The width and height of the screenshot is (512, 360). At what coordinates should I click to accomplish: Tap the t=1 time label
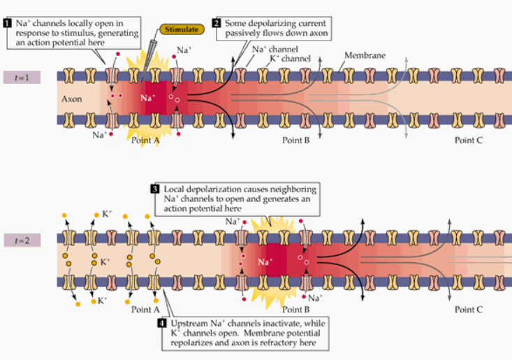click(x=21, y=77)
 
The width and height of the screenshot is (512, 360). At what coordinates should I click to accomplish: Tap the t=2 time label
click(x=21, y=241)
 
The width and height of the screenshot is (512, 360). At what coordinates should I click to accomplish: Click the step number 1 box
click(x=6, y=23)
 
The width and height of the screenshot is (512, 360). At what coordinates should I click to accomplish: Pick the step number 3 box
click(x=156, y=189)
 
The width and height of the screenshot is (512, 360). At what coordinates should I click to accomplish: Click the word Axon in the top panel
click(x=71, y=99)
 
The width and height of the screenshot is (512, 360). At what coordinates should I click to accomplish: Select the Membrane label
click(x=364, y=55)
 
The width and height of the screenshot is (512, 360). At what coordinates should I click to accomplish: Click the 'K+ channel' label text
click(x=288, y=59)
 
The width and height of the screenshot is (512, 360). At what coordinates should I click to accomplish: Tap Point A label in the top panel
click(x=145, y=140)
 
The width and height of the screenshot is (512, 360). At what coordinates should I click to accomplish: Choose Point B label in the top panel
click(x=296, y=140)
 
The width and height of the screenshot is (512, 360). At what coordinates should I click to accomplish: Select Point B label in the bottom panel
click(x=296, y=309)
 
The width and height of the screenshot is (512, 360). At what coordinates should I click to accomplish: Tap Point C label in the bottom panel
click(x=468, y=309)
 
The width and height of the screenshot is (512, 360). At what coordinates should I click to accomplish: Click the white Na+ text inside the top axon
click(x=148, y=98)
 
